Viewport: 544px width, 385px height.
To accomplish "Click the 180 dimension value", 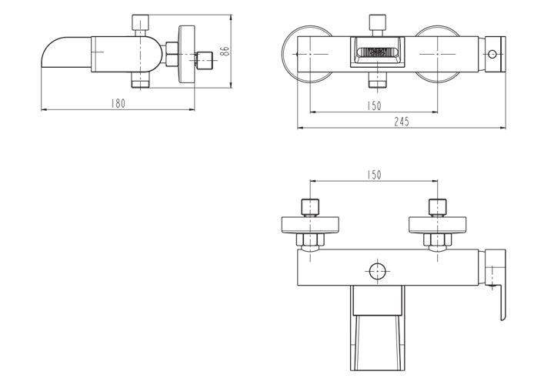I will (x=118, y=103).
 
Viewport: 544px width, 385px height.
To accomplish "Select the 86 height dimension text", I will (x=225, y=51).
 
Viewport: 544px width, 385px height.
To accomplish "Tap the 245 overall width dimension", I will (x=402, y=122).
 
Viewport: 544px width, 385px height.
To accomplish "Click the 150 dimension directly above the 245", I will (x=374, y=105).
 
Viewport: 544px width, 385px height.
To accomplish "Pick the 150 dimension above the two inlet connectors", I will (x=374, y=176).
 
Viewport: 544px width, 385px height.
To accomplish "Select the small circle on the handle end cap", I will (x=492, y=54).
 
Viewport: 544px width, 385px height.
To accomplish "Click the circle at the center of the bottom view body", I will (x=377, y=272).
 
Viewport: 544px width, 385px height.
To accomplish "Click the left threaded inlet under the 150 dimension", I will (x=310, y=208).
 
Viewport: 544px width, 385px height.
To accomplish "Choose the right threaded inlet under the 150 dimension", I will (x=438, y=208).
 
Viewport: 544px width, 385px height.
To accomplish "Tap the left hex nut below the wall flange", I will (x=310, y=242).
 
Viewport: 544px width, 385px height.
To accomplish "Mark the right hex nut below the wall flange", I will (x=438, y=242).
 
